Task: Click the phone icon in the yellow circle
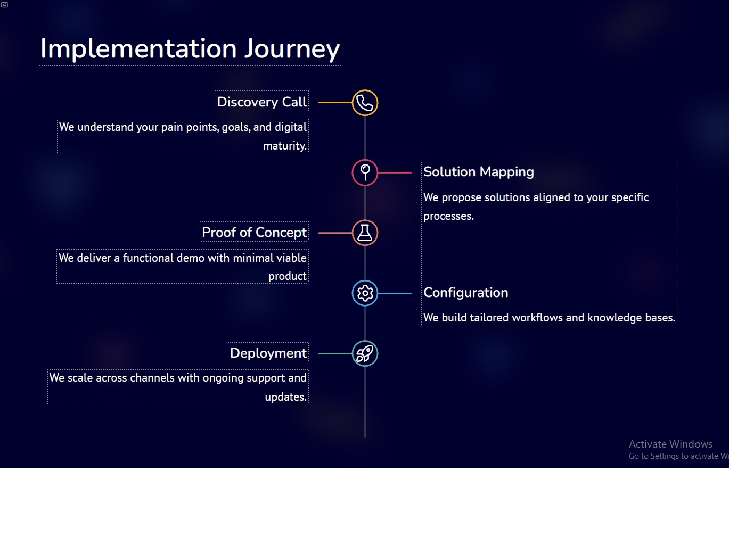[365, 103]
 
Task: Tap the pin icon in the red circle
[365, 172]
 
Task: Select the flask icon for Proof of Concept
[365, 233]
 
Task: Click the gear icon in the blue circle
[365, 293]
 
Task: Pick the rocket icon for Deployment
[365, 353]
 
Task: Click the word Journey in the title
[292, 48]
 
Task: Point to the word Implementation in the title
[138, 48]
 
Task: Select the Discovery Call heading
[261, 102]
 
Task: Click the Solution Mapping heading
[479, 172]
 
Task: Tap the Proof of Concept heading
[254, 233]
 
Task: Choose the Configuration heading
[465, 293]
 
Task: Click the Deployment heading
[268, 353]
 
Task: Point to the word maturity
[285, 146]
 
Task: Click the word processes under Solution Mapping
[448, 217]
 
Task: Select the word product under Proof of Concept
[287, 276]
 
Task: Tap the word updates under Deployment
[285, 397]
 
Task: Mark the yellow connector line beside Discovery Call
[335, 103]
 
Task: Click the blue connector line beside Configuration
[395, 293]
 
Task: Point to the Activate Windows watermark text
[670, 444]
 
